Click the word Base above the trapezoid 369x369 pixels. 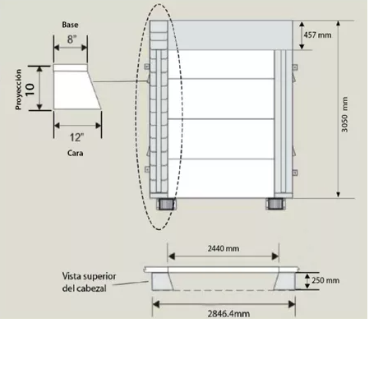click(70, 25)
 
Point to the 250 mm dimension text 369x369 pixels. click(325, 279)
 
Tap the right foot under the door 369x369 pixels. click(274, 204)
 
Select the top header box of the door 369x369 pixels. click(234, 34)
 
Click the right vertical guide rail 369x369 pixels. click(283, 123)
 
